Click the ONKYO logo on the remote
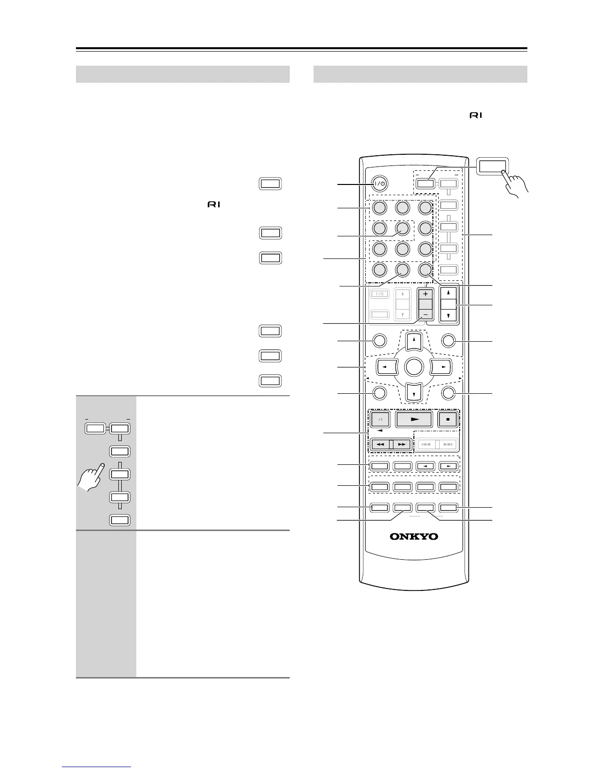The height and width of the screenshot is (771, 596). click(x=413, y=536)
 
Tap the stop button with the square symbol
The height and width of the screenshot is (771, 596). click(x=447, y=419)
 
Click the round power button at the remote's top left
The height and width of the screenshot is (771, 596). click(x=380, y=184)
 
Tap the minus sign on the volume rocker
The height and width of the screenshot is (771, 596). click(x=426, y=315)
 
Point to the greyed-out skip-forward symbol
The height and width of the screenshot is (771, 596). click(x=448, y=444)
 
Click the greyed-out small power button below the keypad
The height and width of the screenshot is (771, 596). click(x=380, y=294)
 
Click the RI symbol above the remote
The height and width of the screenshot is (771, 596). click(x=476, y=116)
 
